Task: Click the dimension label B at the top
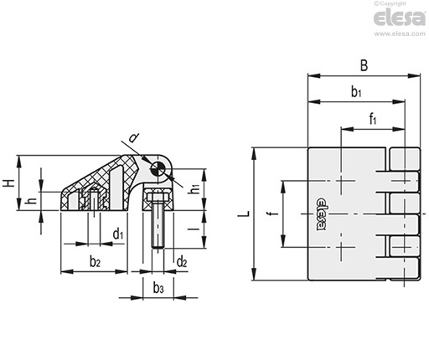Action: pos(364,65)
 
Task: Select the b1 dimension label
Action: pos(356,91)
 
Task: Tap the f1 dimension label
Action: pos(373,119)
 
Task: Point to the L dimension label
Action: pos(244,214)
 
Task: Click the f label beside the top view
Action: pos(275,213)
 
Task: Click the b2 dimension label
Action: pos(95,261)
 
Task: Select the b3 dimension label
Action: pos(158,288)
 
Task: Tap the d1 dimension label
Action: pos(118,234)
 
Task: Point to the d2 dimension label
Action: pos(182,262)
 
